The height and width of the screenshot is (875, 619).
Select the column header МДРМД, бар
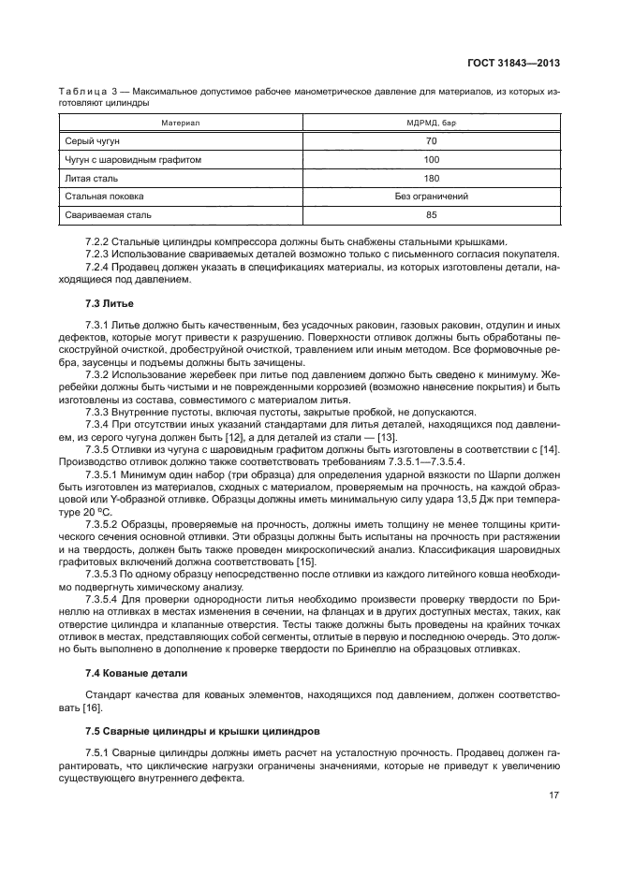432,123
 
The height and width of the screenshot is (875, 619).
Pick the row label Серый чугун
92,140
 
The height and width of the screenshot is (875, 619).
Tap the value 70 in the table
432,140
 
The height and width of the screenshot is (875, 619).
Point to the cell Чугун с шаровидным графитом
133,159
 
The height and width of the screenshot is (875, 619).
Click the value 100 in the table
432,159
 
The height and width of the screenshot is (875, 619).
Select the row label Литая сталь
92,178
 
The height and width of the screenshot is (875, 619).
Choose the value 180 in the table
432,178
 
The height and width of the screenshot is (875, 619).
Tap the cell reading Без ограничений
432,197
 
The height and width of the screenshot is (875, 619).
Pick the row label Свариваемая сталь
107,215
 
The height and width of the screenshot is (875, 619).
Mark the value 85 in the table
432,215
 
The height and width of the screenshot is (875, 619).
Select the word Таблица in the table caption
81,93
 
